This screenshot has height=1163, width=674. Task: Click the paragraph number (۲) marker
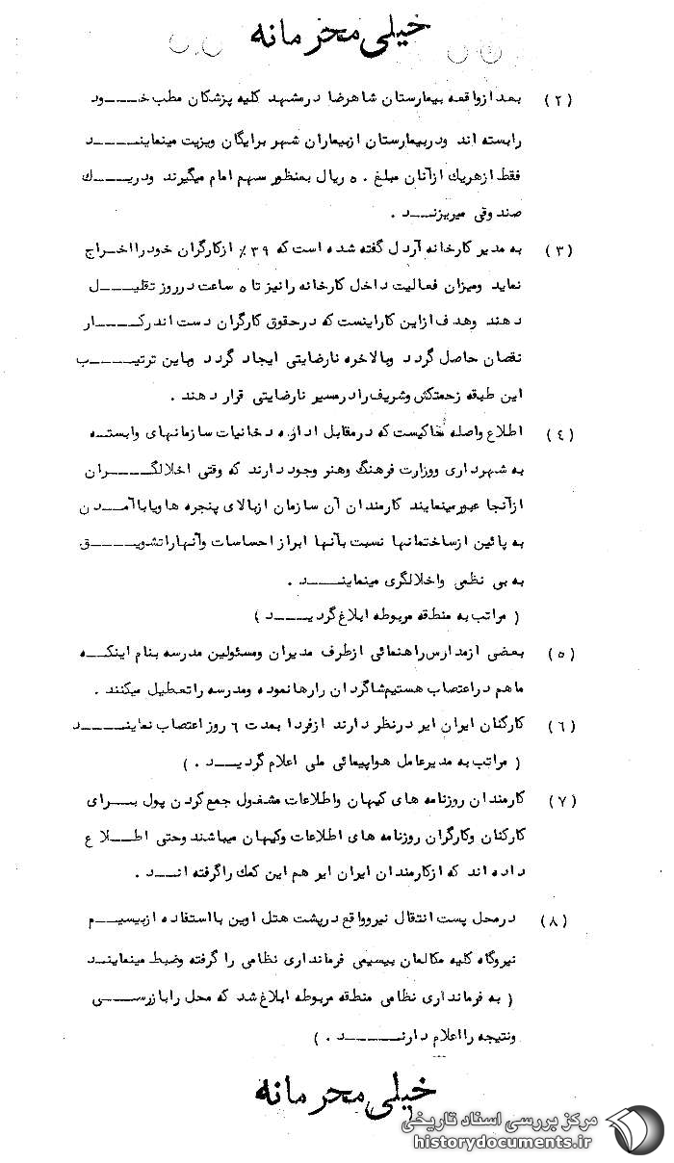click(x=559, y=100)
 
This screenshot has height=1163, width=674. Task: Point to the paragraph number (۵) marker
click(x=559, y=653)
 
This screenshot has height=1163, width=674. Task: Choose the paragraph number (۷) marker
click(x=559, y=800)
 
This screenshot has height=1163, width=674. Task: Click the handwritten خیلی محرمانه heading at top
click(x=342, y=36)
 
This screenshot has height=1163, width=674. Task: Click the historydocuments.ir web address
click(x=501, y=1142)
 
